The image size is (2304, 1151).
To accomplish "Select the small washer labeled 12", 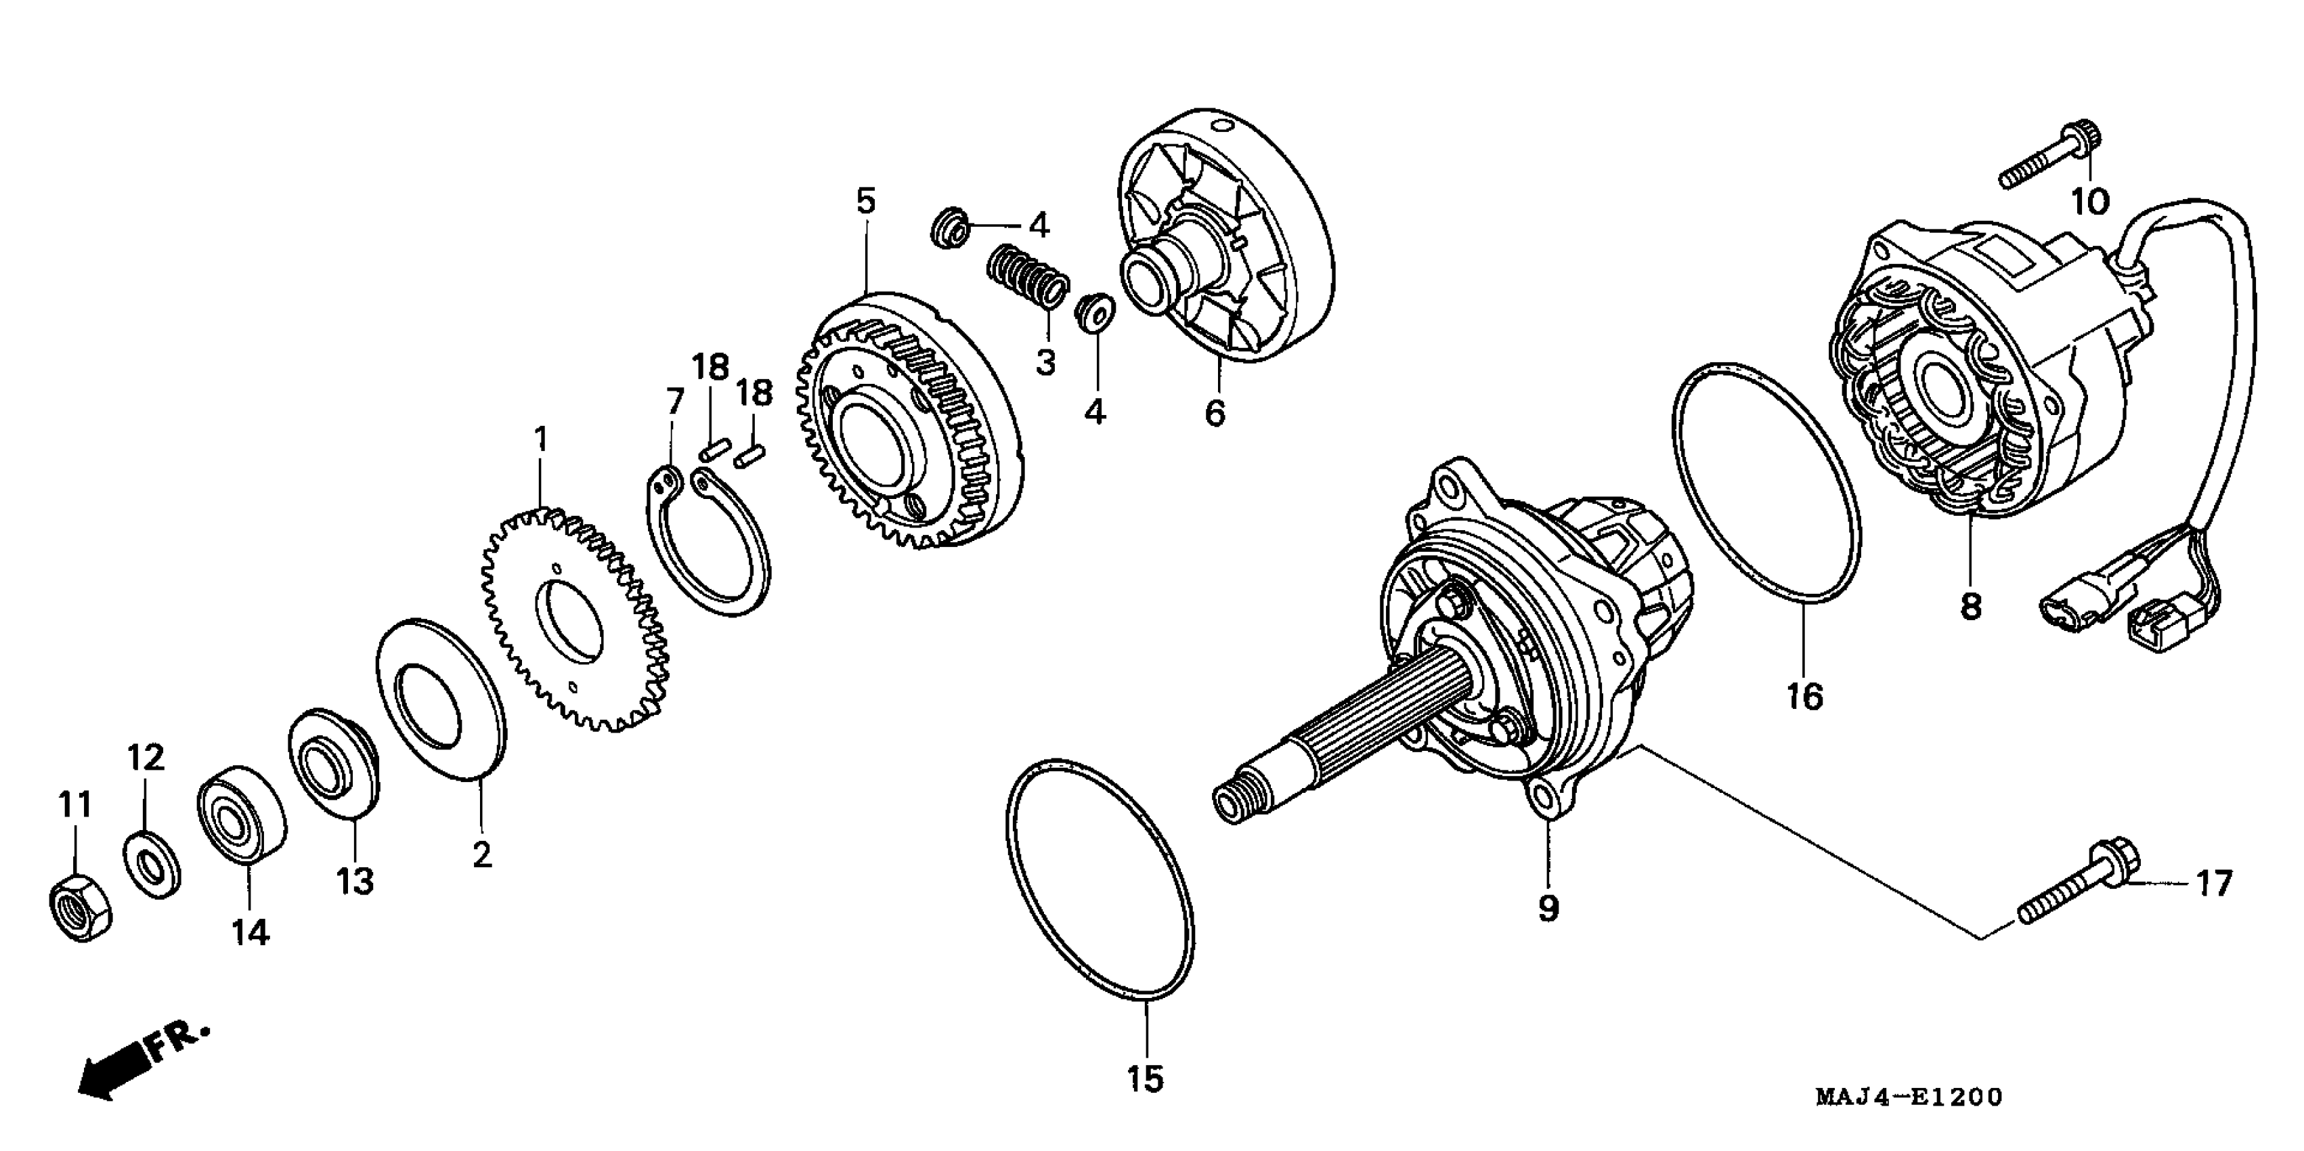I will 152,863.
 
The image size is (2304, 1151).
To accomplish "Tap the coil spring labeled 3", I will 1028,276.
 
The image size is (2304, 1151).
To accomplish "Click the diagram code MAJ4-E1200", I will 1909,1098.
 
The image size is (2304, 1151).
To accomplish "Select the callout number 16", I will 1804,695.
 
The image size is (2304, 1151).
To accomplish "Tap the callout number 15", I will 1146,1079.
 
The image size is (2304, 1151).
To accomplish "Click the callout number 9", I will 1548,909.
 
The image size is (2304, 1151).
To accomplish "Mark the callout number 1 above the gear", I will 540,440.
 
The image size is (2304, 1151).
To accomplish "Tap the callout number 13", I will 355,881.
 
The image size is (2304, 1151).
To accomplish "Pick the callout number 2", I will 482,855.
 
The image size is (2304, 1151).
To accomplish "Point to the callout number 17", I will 2215,884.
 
